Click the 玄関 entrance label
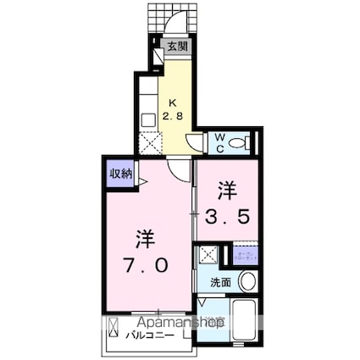pos(176,47)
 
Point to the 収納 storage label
pos(119,174)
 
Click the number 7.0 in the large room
pos(148,265)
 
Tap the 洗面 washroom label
pos(219,283)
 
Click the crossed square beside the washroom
pos(208,254)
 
